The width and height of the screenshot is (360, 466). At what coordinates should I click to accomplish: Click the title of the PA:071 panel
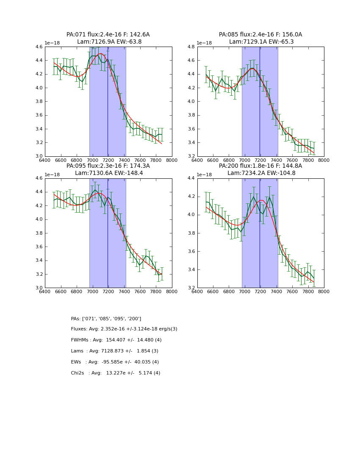(x=108, y=35)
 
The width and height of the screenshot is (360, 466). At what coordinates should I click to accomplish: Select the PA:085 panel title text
(x=260, y=35)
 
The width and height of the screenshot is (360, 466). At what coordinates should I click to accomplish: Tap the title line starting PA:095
(x=108, y=166)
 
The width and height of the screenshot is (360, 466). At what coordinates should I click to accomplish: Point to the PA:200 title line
(x=260, y=166)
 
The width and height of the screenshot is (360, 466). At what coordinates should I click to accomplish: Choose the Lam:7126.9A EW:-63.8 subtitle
(x=109, y=42)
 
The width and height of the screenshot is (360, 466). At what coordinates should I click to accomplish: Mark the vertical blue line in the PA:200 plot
(x=260, y=233)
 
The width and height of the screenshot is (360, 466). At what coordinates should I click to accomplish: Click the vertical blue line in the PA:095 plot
(x=108, y=233)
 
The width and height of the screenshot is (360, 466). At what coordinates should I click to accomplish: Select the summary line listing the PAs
(x=106, y=319)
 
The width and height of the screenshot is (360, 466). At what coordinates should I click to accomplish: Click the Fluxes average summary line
(x=124, y=329)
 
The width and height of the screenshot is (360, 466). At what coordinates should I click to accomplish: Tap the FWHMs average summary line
(x=116, y=340)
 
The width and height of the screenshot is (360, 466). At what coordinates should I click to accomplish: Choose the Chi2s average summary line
(x=115, y=373)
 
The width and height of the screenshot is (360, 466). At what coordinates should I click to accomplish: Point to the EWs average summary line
(x=115, y=362)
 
